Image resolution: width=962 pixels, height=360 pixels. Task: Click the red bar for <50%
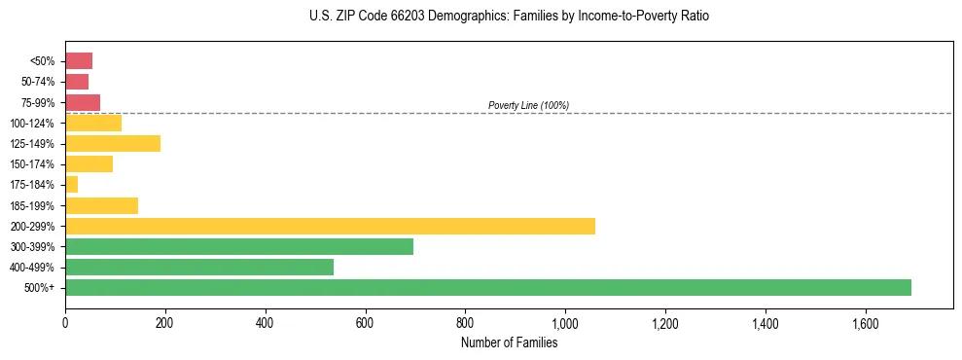[79, 61]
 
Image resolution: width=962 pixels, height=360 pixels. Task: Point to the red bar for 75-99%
[83, 102]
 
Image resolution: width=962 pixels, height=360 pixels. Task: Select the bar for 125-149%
[113, 143]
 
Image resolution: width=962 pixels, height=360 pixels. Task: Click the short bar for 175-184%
[71, 184]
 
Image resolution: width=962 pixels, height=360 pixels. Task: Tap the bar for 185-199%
[101, 205]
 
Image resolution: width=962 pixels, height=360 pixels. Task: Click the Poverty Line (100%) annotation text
[528, 105]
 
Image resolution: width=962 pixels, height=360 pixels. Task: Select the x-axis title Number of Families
[509, 342]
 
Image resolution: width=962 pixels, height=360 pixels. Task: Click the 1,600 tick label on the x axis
[865, 322]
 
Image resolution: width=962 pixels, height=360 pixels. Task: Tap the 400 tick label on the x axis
[265, 322]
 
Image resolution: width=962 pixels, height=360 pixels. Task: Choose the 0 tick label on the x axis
[65, 322]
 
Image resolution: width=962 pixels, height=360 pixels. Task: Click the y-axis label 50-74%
[40, 82]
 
